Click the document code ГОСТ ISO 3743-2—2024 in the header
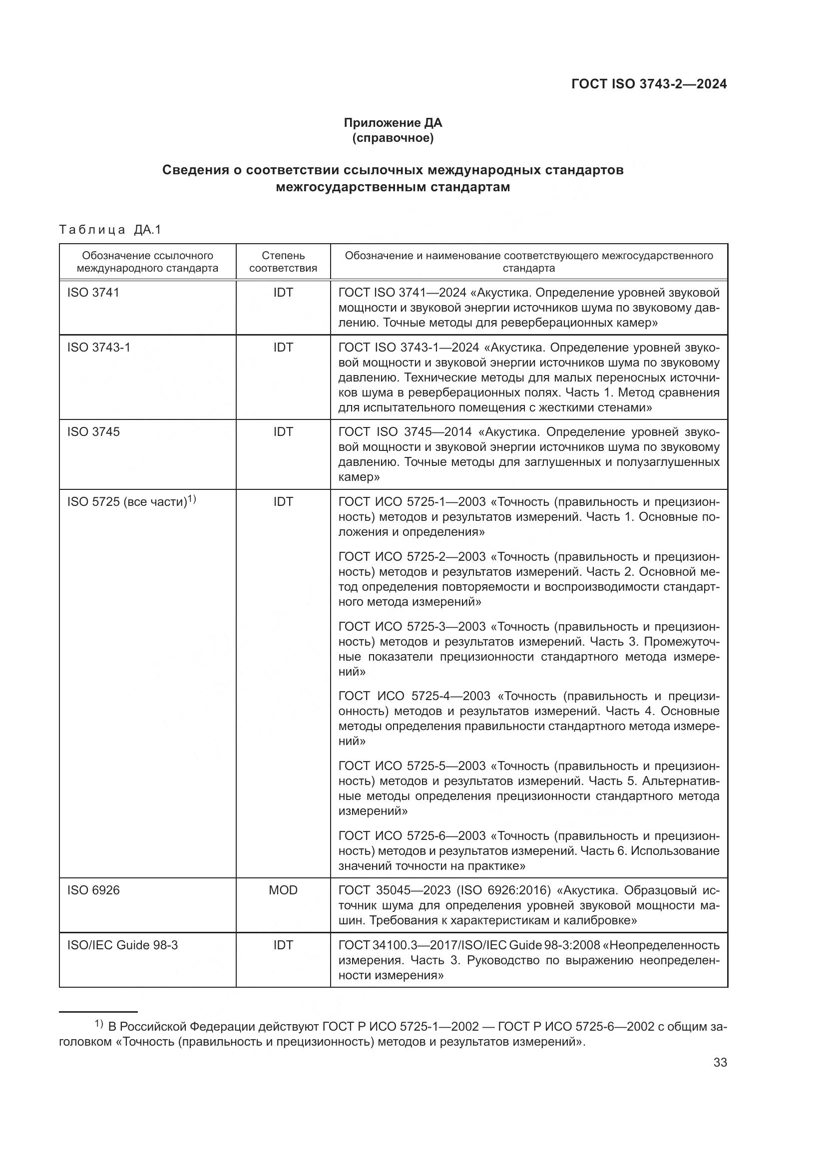[649, 84]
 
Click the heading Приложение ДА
[393, 123]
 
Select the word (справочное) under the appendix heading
[393, 138]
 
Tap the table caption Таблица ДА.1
[110, 230]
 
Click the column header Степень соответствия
[283, 262]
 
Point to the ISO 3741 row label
[93, 293]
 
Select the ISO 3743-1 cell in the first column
[99, 348]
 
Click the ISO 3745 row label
[93, 432]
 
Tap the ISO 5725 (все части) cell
[131, 501]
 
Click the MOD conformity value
[283, 890]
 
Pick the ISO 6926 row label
[93, 890]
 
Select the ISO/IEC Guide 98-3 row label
[122, 945]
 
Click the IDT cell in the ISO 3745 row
[283, 432]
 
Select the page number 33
[720, 1063]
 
